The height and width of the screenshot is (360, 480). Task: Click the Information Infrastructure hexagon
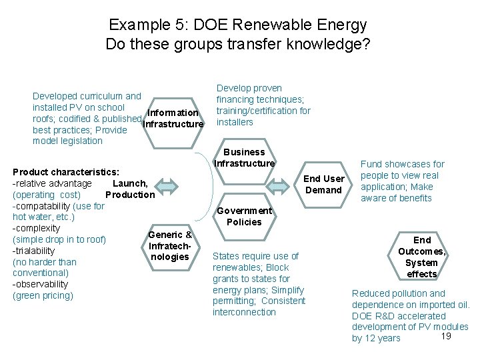pyautogui.click(x=173, y=118)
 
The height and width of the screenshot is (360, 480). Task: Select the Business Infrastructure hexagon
pyautogui.click(x=245, y=158)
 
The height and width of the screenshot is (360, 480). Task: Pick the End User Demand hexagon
pyautogui.click(x=323, y=183)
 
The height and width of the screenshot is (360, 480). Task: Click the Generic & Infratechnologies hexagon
pyautogui.click(x=170, y=245)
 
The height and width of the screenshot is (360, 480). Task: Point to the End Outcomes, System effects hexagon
pyautogui.click(x=421, y=257)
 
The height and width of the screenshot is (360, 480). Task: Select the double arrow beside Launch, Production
pyautogui.click(x=168, y=187)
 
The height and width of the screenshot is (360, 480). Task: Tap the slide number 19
pyautogui.click(x=447, y=335)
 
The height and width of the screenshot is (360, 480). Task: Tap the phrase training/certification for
pyautogui.click(x=263, y=111)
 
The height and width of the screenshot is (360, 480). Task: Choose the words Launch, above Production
pyautogui.click(x=131, y=183)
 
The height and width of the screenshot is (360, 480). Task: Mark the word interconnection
pyautogui.click(x=244, y=312)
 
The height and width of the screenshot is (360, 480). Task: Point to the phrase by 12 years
pyautogui.click(x=376, y=338)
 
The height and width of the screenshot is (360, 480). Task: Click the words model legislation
pyautogui.click(x=67, y=141)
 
